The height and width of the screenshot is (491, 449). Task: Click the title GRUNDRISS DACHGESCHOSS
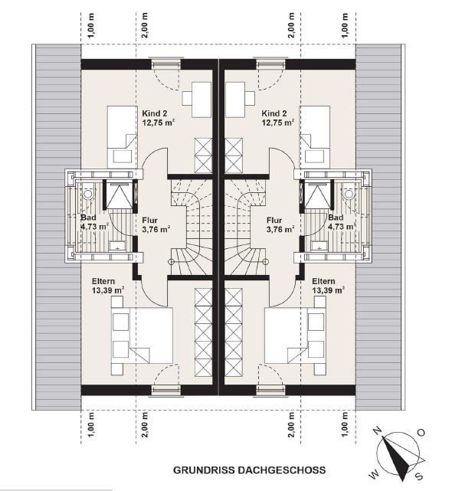click(250, 470)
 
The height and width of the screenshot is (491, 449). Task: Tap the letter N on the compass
click(379, 431)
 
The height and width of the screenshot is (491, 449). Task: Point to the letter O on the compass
click(421, 433)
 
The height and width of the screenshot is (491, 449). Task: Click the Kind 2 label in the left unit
click(155, 113)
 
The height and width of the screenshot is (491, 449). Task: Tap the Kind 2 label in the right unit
click(274, 113)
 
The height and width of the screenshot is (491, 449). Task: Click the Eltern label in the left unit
click(103, 281)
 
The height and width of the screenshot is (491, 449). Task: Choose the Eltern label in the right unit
click(323, 281)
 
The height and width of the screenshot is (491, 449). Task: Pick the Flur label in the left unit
click(149, 220)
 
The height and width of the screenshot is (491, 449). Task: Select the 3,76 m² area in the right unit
click(280, 229)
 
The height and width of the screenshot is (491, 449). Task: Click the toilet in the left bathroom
click(88, 191)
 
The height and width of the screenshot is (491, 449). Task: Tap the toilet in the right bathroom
click(349, 191)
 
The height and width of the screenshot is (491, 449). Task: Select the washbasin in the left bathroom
click(118, 246)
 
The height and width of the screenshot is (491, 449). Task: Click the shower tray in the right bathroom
click(318, 195)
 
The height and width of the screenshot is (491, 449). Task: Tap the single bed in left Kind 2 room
click(122, 136)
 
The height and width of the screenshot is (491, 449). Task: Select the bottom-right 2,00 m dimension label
click(291, 424)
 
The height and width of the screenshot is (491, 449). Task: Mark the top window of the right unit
click(271, 64)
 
